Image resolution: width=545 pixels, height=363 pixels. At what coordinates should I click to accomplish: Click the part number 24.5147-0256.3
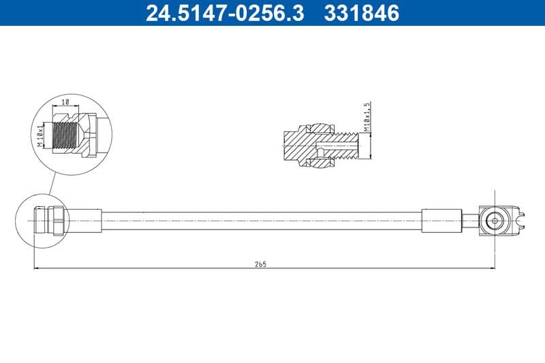pyautogui.click(x=225, y=13)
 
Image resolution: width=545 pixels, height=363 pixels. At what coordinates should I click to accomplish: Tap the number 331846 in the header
pyautogui.click(x=362, y=13)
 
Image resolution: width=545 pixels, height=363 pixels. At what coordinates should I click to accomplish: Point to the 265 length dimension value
pyautogui.click(x=260, y=264)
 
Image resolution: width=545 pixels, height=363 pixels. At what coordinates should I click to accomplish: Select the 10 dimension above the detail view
pyautogui.click(x=65, y=101)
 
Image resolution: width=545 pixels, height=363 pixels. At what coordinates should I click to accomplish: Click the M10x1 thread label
pyautogui.click(x=40, y=134)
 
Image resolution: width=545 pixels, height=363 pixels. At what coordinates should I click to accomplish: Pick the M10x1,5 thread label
pyautogui.click(x=367, y=117)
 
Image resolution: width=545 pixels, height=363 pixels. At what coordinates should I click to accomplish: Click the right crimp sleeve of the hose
pyautogui.click(x=441, y=221)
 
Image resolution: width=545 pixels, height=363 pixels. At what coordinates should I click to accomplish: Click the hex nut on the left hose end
pyautogui.click(x=55, y=221)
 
